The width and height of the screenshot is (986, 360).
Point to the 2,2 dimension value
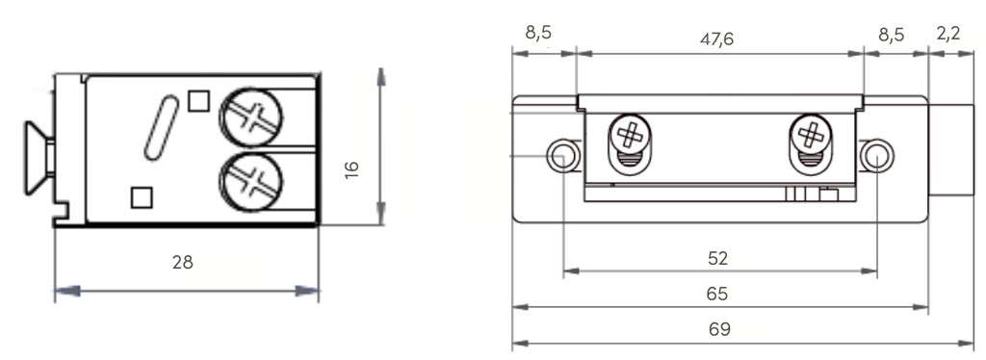[947, 35]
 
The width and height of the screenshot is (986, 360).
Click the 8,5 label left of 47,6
[538, 34]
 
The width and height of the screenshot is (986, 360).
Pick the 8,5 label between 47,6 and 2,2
[892, 35]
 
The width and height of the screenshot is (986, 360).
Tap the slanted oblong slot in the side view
[160, 128]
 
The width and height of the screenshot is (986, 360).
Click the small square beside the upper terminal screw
[199, 100]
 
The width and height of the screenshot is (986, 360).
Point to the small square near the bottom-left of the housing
[142, 196]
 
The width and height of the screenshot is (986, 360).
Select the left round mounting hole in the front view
[562, 155]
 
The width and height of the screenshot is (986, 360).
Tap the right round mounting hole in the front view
[876, 155]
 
